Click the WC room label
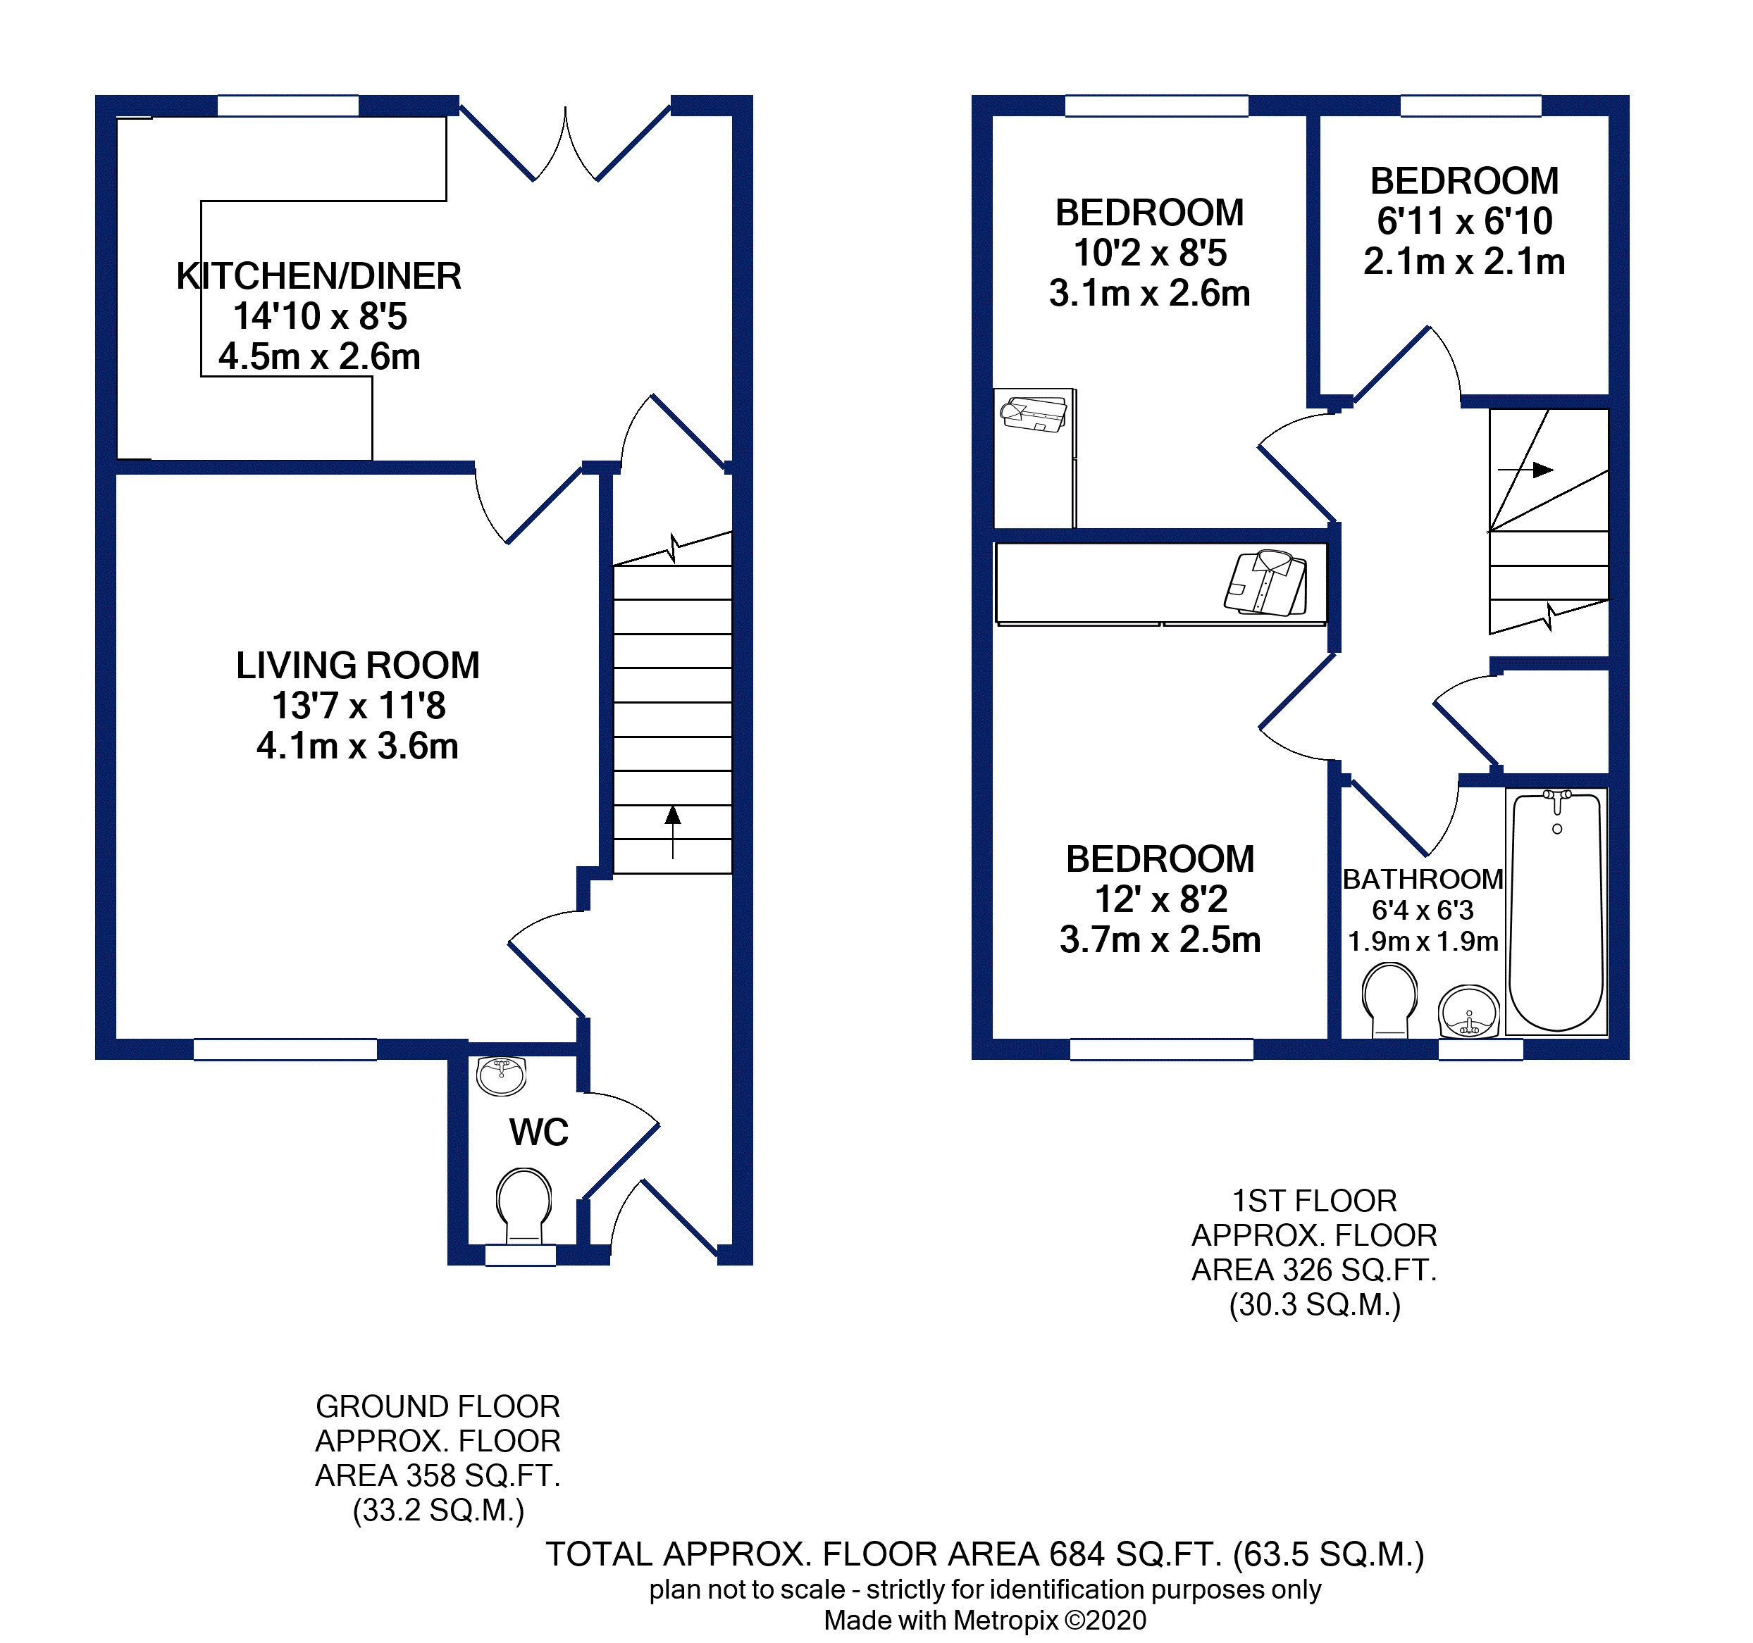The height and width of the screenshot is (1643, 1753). tap(539, 1132)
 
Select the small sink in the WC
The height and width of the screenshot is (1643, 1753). tap(501, 1075)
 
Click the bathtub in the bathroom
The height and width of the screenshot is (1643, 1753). tap(1556, 912)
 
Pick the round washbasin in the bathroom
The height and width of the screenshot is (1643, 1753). tap(1468, 1011)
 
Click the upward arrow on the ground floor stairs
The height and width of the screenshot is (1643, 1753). tap(673, 829)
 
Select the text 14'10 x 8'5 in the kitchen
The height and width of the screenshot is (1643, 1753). tap(320, 316)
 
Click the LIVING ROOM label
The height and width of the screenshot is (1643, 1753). tap(357, 666)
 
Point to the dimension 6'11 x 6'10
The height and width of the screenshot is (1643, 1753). tap(1465, 221)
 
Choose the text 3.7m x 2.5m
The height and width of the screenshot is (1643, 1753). tap(1160, 939)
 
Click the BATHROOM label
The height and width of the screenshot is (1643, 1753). tap(1423, 879)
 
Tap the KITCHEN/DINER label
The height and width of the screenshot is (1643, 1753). tap(318, 276)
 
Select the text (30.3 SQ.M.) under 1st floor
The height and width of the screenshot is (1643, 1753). tap(1315, 1304)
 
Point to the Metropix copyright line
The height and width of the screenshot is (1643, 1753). tap(985, 1620)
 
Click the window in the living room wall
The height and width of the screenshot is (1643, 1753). tap(285, 1049)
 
